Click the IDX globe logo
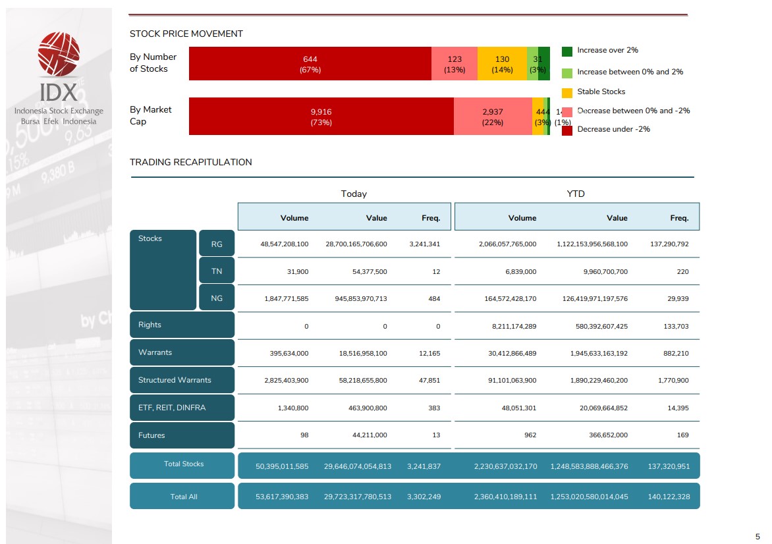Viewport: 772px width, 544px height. tap(59, 53)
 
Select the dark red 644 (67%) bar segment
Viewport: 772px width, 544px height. tap(310, 64)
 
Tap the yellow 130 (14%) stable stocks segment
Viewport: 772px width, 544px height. tap(502, 64)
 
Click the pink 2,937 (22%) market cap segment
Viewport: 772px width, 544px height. tap(493, 117)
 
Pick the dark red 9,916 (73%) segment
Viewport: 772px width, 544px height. tap(321, 117)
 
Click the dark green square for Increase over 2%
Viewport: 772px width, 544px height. tap(566, 51)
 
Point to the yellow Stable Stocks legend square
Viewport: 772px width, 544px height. tap(566, 93)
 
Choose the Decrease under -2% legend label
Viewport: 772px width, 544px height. tap(613, 129)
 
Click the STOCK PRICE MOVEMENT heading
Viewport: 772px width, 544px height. tap(186, 34)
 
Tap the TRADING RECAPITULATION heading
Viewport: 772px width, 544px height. tap(190, 162)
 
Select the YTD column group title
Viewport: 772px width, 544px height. tap(576, 194)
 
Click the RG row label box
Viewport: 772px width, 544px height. tap(217, 244)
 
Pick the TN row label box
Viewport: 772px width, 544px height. tap(217, 271)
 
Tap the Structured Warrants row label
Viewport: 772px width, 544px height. tap(175, 380)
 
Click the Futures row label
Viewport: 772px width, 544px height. tap(152, 435)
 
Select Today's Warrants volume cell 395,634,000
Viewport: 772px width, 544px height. tap(285, 353)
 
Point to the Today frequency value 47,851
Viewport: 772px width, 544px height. tap(429, 380)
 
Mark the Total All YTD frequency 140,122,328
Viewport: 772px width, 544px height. tap(669, 497)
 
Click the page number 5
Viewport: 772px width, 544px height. tap(758, 536)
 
